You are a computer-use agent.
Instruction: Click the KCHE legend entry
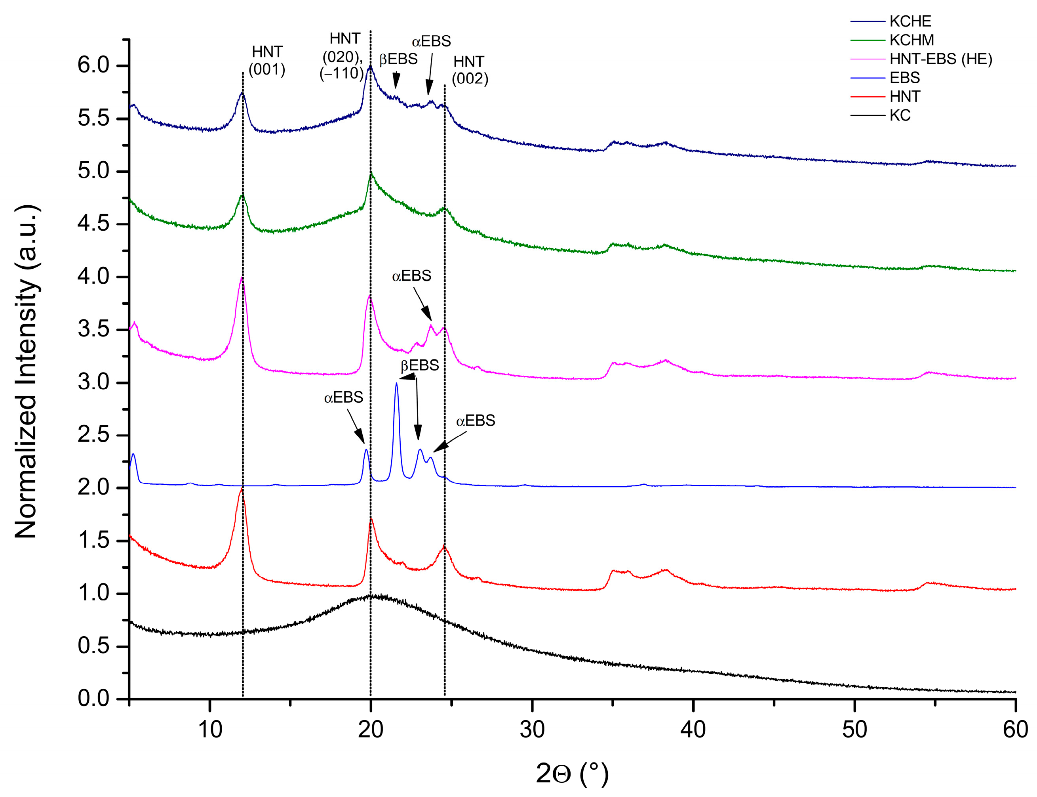click(x=910, y=21)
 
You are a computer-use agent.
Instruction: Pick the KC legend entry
click(x=900, y=115)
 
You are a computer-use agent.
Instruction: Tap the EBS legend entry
click(x=904, y=78)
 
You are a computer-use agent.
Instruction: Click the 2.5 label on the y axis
click(x=93, y=436)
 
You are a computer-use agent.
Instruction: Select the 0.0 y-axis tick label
click(x=93, y=699)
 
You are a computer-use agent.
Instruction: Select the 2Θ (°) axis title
click(x=572, y=773)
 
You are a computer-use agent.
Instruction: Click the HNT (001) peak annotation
click(x=267, y=61)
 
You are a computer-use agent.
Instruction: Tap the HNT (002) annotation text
click(x=469, y=70)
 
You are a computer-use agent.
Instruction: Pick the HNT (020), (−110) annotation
click(x=344, y=56)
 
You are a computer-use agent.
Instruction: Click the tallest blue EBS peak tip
click(x=396, y=383)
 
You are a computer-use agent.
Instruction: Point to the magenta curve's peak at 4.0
click(x=242, y=278)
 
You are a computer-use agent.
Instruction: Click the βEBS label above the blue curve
click(x=419, y=365)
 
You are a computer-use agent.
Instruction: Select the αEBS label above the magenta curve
click(x=411, y=275)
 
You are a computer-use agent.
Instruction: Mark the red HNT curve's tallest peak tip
click(x=242, y=489)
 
